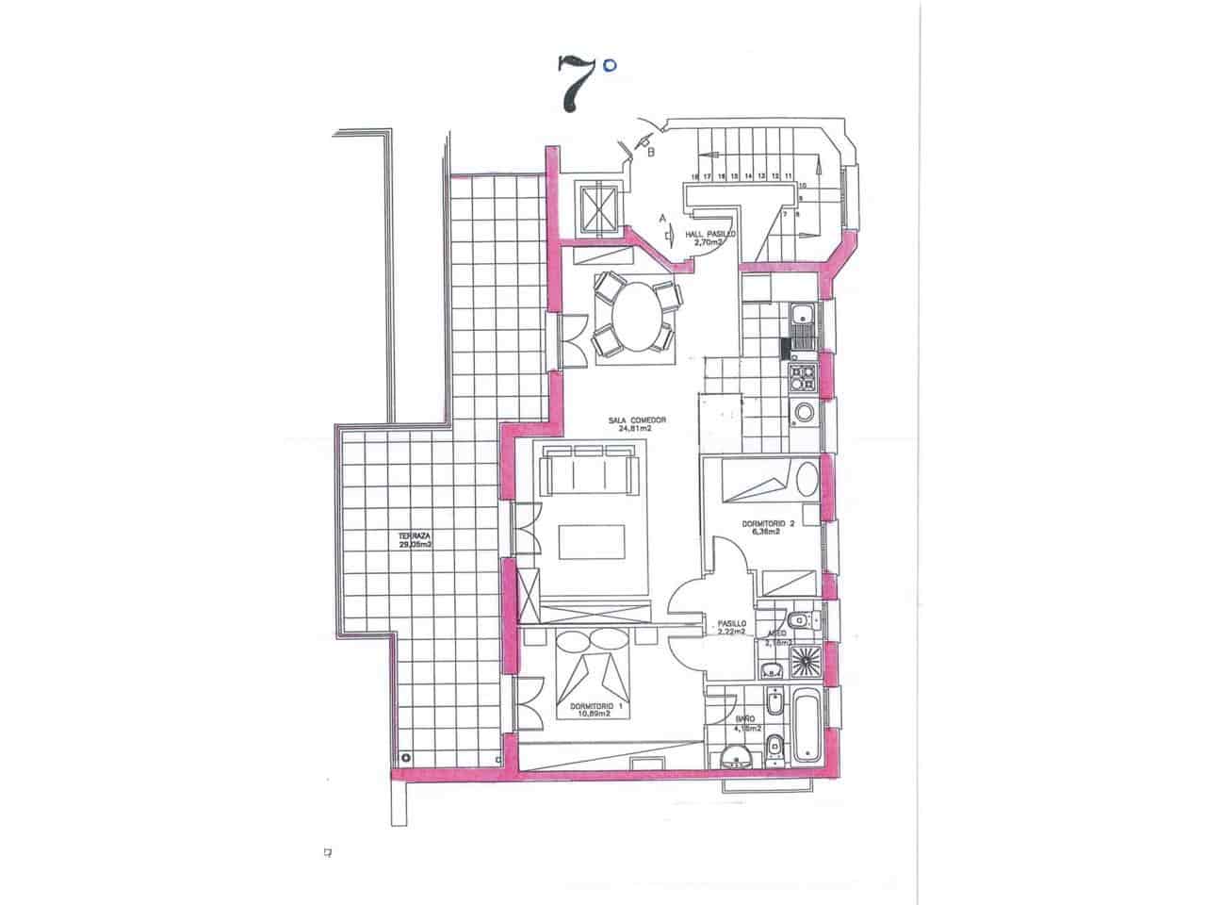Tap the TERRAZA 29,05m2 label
point(415,542)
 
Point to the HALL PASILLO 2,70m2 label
point(711,238)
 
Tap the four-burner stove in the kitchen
point(803,377)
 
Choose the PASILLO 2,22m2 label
point(731,628)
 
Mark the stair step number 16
point(694,176)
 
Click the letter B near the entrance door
point(651,149)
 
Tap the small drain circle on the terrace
point(404,757)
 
